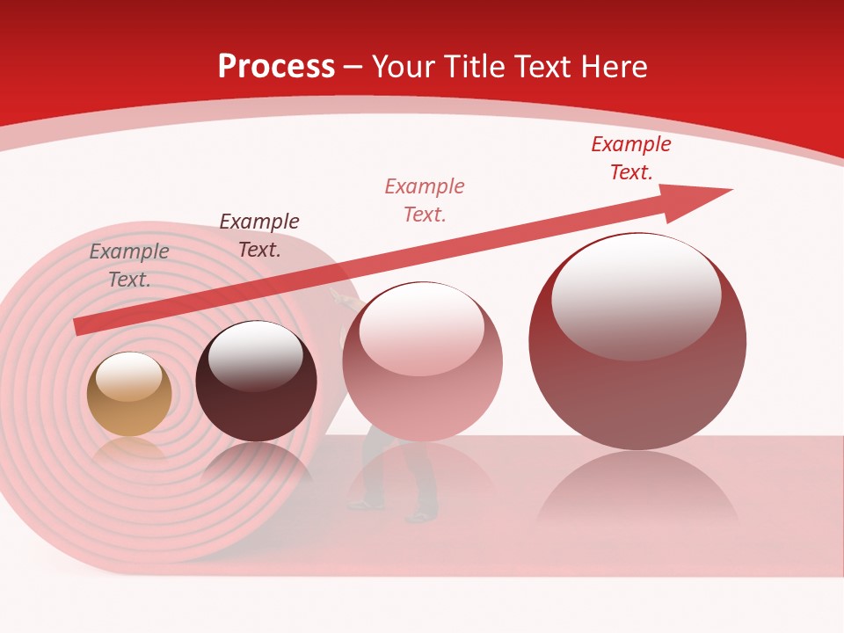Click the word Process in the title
point(276,67)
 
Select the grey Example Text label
point(129,266)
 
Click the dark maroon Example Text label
point(259,236)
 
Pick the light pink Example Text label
point(425,200)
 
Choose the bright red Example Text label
point(631,158)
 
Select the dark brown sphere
point(256,383)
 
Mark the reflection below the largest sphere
point(637,492)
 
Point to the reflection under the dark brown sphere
point(256,466)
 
